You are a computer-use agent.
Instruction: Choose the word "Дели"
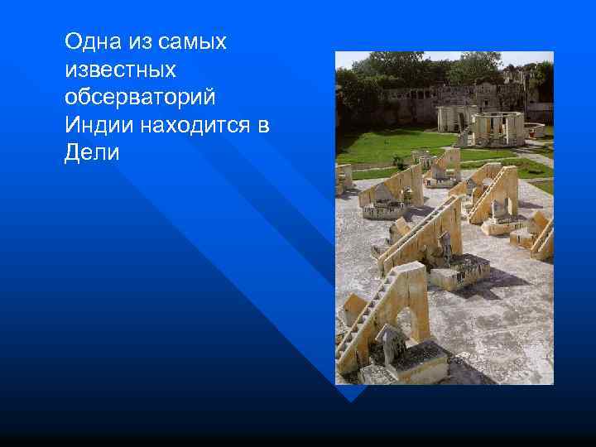(91, 154)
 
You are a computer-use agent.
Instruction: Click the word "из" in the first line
(138, 41)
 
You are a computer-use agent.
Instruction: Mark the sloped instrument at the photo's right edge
(541, 236)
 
